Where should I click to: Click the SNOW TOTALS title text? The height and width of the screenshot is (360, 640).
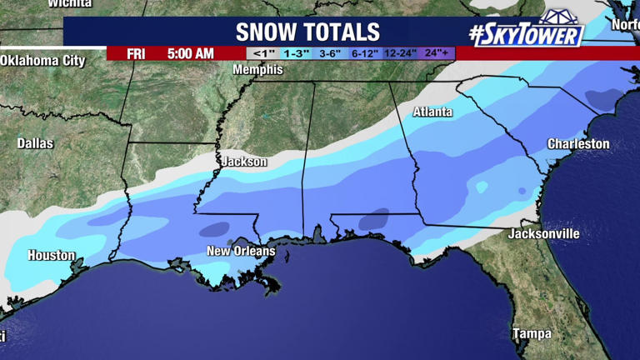[x=308, y=32]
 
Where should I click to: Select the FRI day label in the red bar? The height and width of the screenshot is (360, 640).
[x=137, y=53]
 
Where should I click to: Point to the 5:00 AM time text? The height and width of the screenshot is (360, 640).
[x=190, y=53]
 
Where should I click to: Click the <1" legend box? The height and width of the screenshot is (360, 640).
[x=263, y=53]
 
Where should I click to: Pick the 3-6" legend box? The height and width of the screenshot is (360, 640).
[x=331, y=53]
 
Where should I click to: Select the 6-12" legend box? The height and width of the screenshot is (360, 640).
[x=365, y=53]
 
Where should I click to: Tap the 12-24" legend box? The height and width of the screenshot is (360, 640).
[x=401, y=53]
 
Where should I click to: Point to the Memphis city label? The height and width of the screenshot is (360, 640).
[x=257, y=70]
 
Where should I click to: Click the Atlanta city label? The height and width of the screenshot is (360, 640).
[x=432, y=112]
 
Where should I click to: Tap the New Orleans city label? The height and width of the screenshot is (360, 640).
[x=241, y=251]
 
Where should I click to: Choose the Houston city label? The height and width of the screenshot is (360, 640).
[x=52, y=256]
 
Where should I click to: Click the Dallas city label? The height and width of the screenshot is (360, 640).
[x=35, y=143]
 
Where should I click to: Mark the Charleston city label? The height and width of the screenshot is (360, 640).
[x=577, y=144]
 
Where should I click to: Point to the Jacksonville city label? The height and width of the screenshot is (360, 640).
[x=543, y=234]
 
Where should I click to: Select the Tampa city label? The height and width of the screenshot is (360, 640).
[x=532, y=333]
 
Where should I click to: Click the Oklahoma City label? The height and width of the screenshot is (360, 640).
[x=43, y=61]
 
